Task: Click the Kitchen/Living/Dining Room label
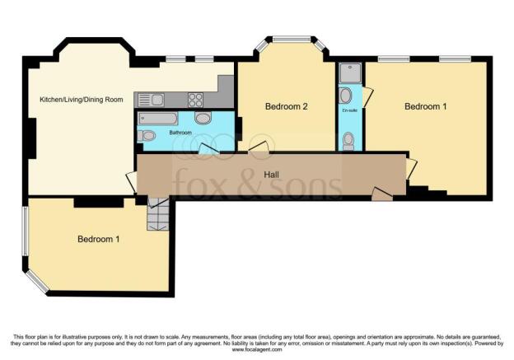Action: [x=82, y=99]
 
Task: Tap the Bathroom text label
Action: [x=180, y=132]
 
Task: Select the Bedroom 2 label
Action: [x=286, y=106]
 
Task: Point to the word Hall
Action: [x=272, y=175]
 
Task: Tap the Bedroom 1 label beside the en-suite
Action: [x=426, y=106]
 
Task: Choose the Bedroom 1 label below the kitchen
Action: [x=99, y=239]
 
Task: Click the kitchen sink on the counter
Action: [x=152, y=100]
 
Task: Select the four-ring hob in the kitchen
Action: [x=195, y=100]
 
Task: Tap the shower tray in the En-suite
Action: [x=348, y=73]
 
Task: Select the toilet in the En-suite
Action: [x=348, y=141]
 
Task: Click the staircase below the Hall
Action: [x=157, y=217]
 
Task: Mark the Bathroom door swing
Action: [x=204, y=149]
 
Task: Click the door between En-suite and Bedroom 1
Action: [x=367, y=96]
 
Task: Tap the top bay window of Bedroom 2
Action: [x=291, y=39]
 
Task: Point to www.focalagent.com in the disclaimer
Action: [x=256, y=348]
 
